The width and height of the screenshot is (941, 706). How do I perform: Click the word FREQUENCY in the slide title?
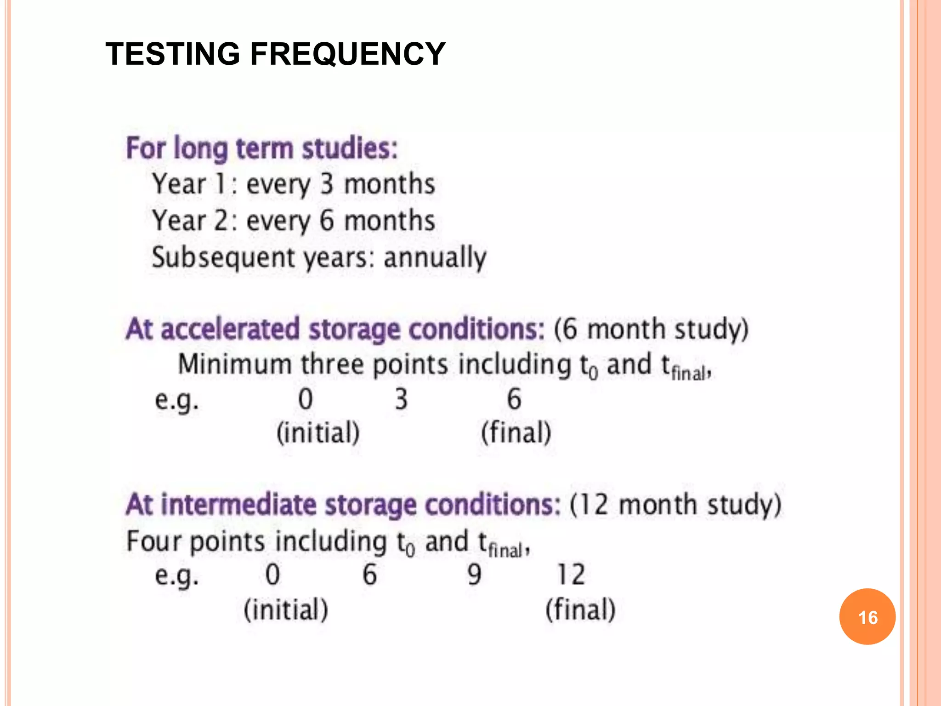tap(347, 54)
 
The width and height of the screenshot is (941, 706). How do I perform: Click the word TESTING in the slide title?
tap(173, 54)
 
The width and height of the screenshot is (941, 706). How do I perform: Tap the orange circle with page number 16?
tap(867, 616)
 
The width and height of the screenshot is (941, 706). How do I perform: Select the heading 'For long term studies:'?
tap(262, 148)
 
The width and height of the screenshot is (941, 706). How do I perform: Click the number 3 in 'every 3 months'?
tap(326, 184)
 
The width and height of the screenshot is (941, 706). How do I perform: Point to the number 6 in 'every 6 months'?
tap(326, 221)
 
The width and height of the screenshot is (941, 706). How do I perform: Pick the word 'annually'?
tap(435, 257)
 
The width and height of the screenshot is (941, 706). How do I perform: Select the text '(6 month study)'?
tap(651, 329)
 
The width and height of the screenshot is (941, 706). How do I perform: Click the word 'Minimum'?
tap(235, 364)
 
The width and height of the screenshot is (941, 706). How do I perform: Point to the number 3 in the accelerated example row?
tap(401, 399)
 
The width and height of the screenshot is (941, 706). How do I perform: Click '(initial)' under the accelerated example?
tap(318, 433)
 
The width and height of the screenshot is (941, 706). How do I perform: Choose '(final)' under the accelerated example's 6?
tap(516, 433)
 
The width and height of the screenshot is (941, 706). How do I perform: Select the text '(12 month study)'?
tap(675, 505)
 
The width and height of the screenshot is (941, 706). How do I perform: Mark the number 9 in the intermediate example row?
tap(474, 575)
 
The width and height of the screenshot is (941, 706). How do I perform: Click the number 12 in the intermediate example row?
tap(571, 575)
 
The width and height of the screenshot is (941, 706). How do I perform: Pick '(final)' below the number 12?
tap(580, 610)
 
